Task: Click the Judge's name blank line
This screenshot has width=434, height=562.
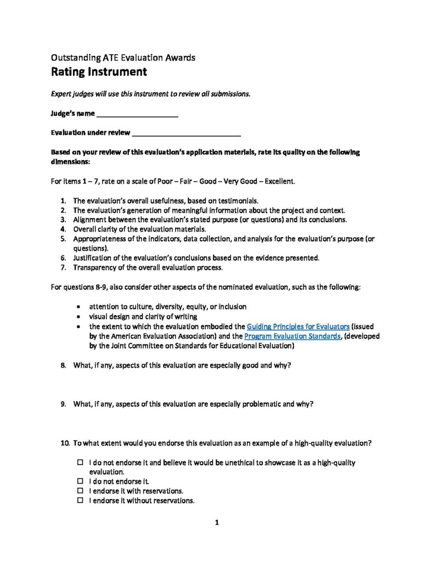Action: (137, 116)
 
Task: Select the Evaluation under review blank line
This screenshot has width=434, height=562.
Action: (187, 133)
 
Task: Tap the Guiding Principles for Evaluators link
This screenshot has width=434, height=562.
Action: (298, 327)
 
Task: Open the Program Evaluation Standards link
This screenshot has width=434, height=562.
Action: (292, 336)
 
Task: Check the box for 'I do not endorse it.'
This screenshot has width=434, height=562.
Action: (80, 481)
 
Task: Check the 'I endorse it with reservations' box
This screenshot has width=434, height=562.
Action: (80, 491)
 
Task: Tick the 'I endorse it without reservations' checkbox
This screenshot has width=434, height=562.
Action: (80, 501)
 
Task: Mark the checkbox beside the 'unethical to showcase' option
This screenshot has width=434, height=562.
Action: (80, 463)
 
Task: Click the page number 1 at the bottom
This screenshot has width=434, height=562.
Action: (217, 523)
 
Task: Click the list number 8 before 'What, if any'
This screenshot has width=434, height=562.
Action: (64, 366)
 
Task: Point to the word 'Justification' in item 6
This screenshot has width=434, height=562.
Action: (92, 258)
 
